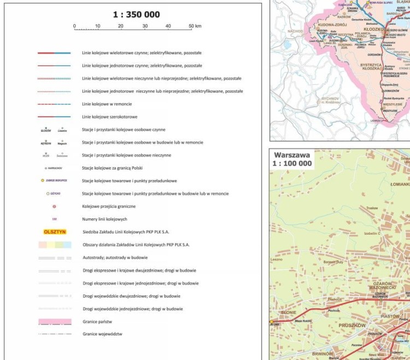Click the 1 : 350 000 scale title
(x=136, y=15)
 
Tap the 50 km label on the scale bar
(x=195, y=26)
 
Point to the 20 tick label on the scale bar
(x=121, y=26)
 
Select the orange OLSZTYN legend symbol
(x=54, y=231)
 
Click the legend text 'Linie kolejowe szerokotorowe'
(x=109, y=117)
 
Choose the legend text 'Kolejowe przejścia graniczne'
(x=108, y=206)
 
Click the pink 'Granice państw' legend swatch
(x=54, y=322)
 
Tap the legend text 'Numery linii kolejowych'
(x=104, y=219)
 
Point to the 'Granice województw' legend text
(x=102, y=334)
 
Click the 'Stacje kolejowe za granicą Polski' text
(x=113, y=168)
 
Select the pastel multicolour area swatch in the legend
(x=54, y=245)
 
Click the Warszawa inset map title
(x=292, y=155)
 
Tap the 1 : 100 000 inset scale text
(x=292, y=163)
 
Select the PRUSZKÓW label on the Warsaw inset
(x=353, y=326)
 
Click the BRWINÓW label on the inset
(x=322, y=354)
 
